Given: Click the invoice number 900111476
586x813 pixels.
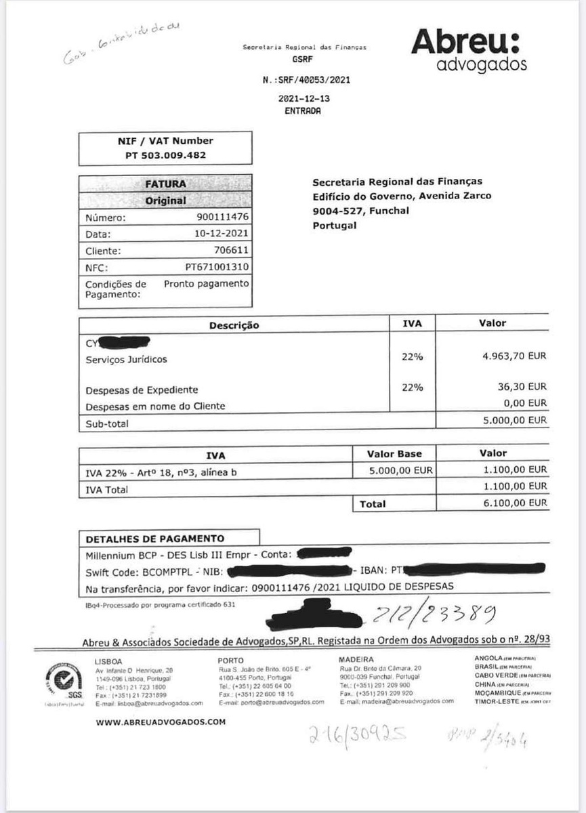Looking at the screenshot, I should (x=222, y=217).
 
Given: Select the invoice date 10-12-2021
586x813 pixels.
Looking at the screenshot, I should (x=222, y=234).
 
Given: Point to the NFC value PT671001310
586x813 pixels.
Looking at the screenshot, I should (x=217, y=267).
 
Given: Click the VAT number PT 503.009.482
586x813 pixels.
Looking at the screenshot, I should (x=166, y=155).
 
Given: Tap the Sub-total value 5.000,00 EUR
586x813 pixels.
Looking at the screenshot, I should (x=514, y=420).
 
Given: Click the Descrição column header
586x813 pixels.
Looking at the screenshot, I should (x=234, y=325).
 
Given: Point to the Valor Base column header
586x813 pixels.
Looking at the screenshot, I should (x=394, y=454).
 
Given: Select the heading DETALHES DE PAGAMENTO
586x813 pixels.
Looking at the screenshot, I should (x=154, y=539).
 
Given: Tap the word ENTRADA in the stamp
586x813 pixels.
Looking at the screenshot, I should (x=303, y=111).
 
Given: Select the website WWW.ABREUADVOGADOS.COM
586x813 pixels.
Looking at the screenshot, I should (x=161, y=722).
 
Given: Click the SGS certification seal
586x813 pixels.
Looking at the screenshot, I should (x=63, y=680).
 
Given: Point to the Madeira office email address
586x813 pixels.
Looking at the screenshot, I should (x=396, y=702).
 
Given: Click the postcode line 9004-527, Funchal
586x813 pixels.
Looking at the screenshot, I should (x=360, y=211).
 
